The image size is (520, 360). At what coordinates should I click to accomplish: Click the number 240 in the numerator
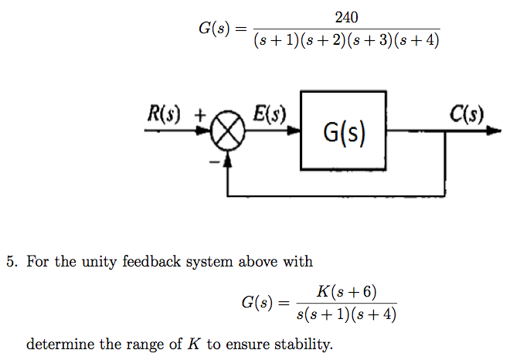click(347, 17)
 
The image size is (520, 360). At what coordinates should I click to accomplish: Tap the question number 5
click(11, 262)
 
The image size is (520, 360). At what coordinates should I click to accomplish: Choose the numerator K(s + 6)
click(346, 291)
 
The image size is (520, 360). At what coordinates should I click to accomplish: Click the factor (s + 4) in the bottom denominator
click(379, 314)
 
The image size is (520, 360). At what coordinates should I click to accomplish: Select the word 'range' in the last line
click(144, 345)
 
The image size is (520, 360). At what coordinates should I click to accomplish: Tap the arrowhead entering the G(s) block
click(295, 131)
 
